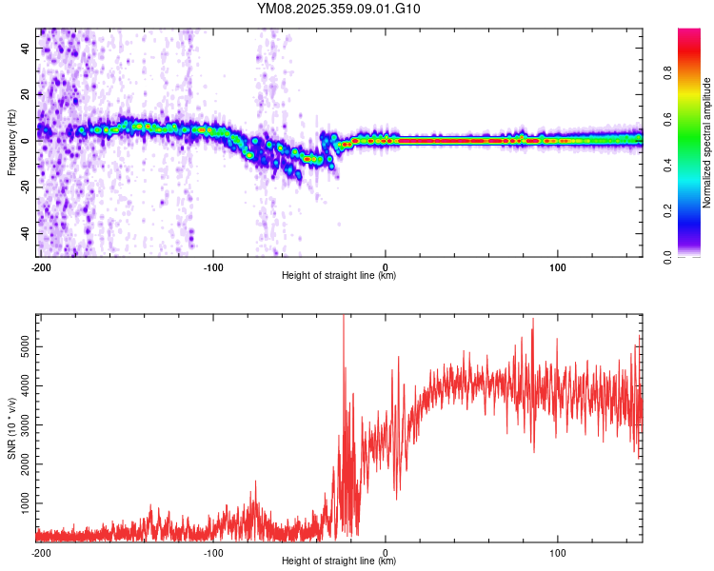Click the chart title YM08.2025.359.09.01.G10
[x=339, y=10]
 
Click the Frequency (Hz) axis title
[x=11, y=143]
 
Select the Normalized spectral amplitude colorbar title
[x=707, y=143]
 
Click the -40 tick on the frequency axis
[x=26, y=233]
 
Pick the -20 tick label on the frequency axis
[x=26, y=187]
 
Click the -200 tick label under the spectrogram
[x=40, y=266]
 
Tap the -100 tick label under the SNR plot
[x=213, y=552]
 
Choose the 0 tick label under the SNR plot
[x=386, y=552]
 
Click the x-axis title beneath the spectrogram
[x=339, y=276]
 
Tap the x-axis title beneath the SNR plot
[x=339, y=561]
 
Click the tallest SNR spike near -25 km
[x=343, y=320]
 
